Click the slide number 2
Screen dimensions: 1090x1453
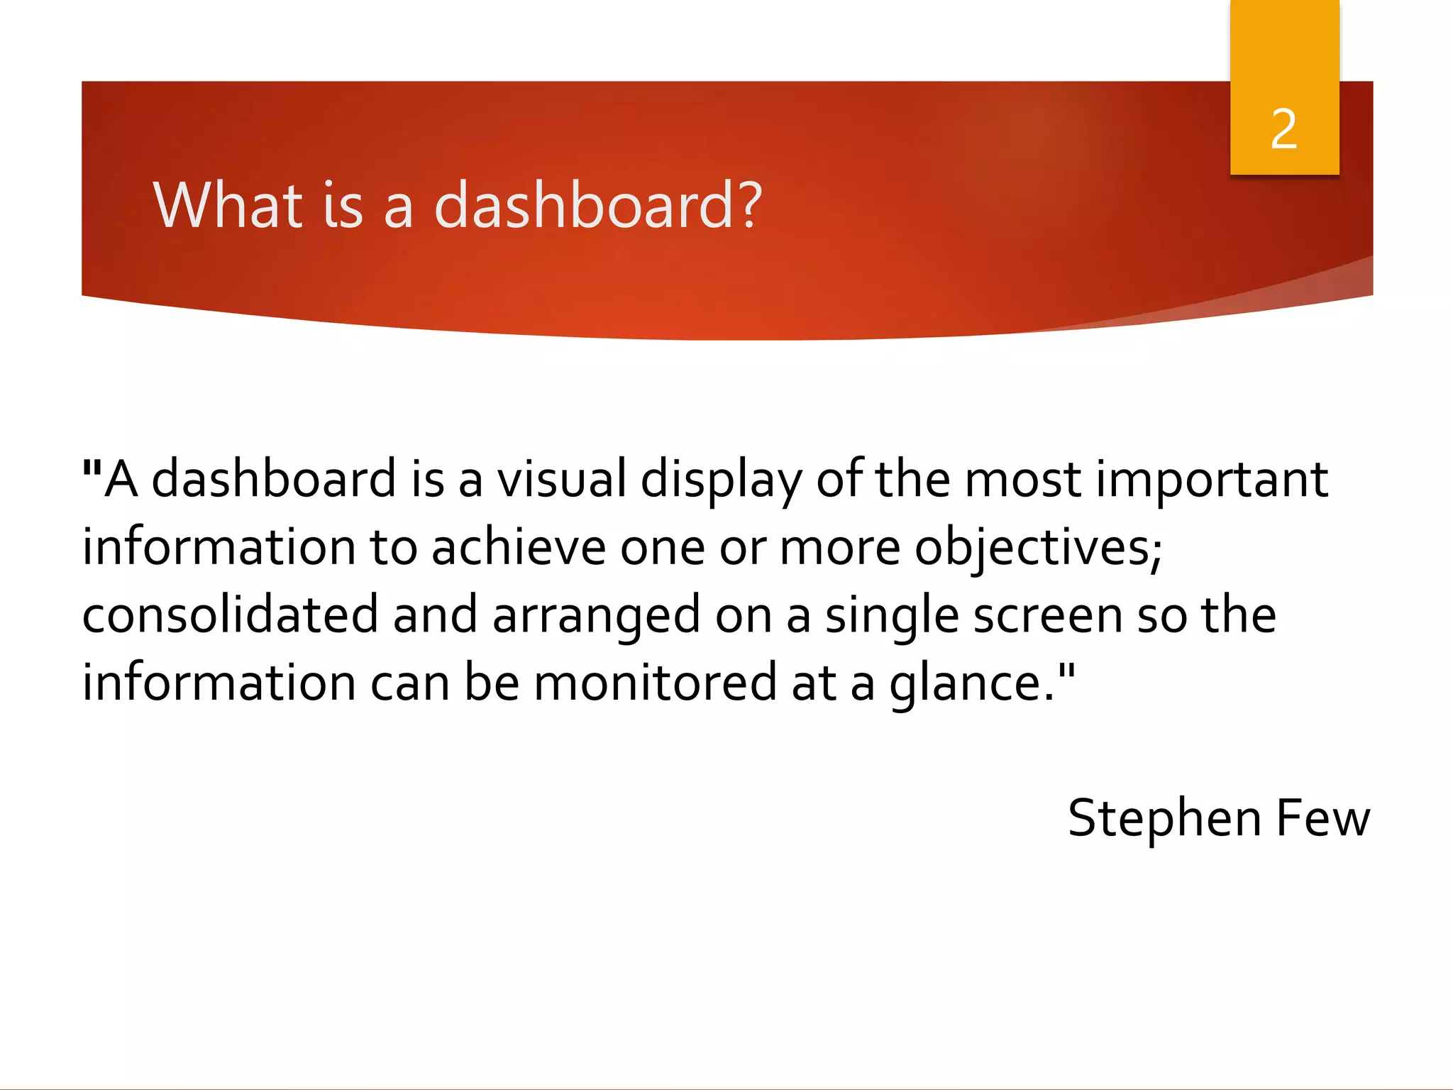[1284, 130]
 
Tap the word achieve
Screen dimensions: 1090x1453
[519, 548]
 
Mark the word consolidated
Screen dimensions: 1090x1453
[231, 615]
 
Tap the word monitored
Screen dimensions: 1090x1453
[655, 683]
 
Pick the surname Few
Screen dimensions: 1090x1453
[1323, 817]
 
